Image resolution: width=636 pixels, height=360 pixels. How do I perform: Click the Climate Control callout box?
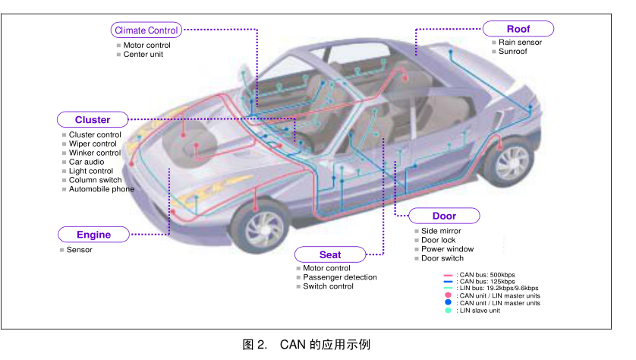pos(146,30)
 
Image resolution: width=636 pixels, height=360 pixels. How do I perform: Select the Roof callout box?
pos(518,29)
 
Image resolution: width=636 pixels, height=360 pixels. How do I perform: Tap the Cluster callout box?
pos(93,120)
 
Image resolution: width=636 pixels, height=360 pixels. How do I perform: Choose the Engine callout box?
pos(93,235)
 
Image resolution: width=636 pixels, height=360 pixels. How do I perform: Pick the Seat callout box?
pos(330,254)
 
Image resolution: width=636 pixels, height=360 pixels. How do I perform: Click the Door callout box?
pos(444,216)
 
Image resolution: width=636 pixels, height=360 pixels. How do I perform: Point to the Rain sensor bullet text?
pos(520,43)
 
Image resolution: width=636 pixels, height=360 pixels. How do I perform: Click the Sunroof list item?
pos(513,51)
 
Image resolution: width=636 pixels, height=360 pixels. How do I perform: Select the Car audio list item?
pos(87,162)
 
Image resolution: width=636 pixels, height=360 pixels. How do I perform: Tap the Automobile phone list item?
pos(102,189)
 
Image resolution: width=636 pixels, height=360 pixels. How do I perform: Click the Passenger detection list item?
pos(340,277)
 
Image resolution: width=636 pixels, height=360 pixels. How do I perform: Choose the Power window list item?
pos(447,249)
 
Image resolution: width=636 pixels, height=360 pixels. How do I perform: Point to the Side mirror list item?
pos(441,231)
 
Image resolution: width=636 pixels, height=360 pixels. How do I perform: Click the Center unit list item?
pos(143,55)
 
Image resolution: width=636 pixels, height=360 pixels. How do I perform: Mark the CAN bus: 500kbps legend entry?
pos(480,275)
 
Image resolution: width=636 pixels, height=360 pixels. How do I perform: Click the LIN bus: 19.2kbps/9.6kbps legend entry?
pos(491,288)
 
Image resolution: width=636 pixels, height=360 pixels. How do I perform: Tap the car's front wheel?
pos(260,226)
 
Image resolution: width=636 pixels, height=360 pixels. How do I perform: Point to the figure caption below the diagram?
pos(307,345)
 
